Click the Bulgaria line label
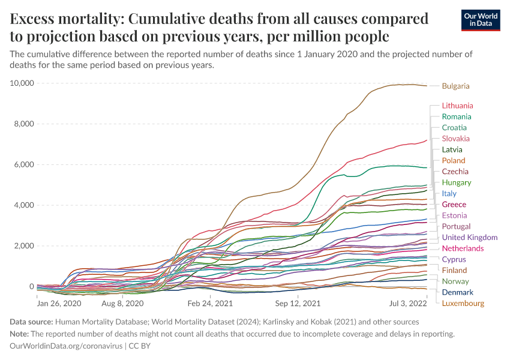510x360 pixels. pyautogui.click(x=455, y=86)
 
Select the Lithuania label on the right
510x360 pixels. pyautogui.click(x=457, y=106)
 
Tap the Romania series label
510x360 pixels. pyautogui.click(x=456, y=116)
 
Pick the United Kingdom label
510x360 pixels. pyautogui.click(x=470, y=238)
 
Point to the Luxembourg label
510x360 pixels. pyautogui.click(x=463, y=303)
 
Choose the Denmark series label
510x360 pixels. pyautogui.click(x=457, y=292)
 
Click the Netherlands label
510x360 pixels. pyautogui.click(x=463, y=248)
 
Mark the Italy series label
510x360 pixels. pyautogui.click(x=449, y=193)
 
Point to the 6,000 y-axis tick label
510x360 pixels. pyautogui.click(x=25, y=164)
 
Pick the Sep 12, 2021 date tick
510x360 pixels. pyautogui.click(x=299, y=296)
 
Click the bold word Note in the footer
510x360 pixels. pyautogui.click(x=20, y=334)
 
